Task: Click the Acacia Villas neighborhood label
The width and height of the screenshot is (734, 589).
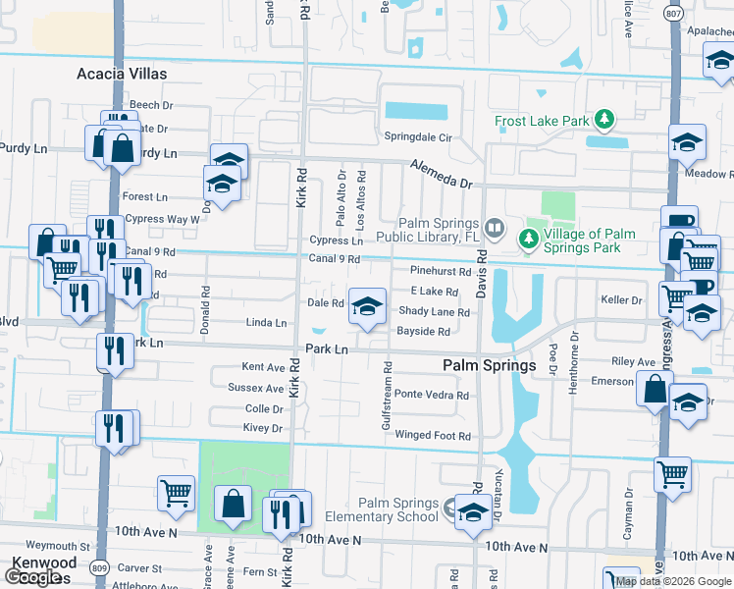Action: point(122,74)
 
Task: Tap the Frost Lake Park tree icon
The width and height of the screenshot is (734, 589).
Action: point(605,121)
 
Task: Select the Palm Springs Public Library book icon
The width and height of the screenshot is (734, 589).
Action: point(495,230)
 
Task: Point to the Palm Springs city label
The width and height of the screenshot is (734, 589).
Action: point(488,365)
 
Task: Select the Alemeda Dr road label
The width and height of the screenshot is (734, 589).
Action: point(442,174)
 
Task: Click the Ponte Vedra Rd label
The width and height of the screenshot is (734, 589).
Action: point(432,395)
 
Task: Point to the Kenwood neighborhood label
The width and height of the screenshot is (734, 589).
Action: point(43,562)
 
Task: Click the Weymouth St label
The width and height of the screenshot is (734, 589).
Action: point(58,546)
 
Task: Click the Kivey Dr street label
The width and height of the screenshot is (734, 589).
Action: point(263,428)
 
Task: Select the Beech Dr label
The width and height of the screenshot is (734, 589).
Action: point(151,105)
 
